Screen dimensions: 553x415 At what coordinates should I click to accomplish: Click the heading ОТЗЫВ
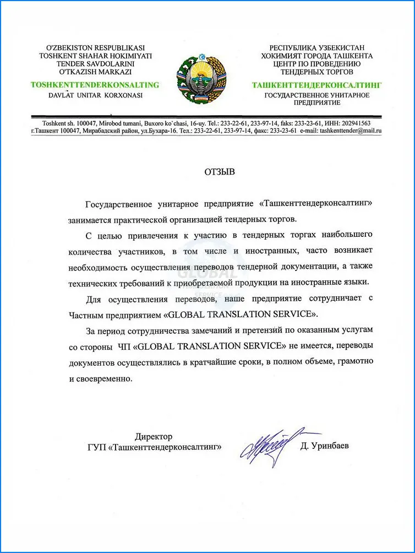coord(219,172)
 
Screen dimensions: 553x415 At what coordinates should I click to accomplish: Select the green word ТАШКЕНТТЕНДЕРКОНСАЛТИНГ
coord(316,85)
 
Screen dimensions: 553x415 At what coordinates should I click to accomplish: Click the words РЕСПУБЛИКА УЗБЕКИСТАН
coord(316,48)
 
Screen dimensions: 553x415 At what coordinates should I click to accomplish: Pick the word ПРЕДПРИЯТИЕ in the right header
coord(316,102)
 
